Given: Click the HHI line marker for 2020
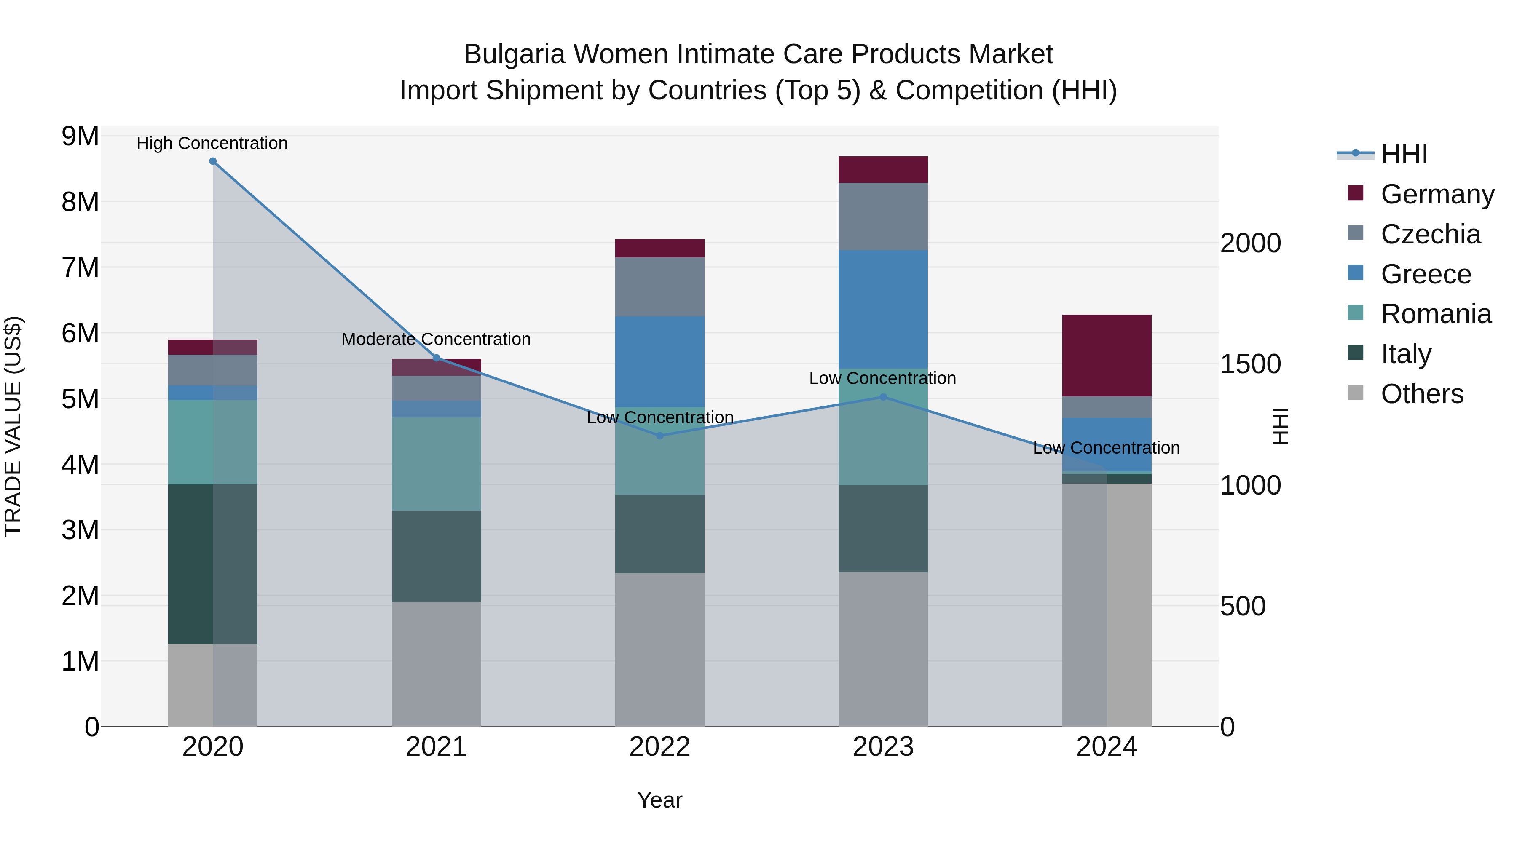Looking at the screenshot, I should (x=213, y=161).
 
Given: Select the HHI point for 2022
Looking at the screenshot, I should (x=659, y=436).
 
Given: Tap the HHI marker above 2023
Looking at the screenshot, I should (x=883, y=397).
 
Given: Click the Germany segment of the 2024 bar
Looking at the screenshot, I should (x=1107, y=356).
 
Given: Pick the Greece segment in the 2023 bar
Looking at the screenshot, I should (x=883, y=309).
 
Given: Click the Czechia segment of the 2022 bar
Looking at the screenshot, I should (x=659, y=287).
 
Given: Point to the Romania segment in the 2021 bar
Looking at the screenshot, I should (x=437, y=464).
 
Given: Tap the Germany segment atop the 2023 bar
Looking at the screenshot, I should (x=883, y=169).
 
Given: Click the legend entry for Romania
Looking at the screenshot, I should (x=1436, y=314).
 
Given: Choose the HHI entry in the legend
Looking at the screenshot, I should (x=1404, y=154).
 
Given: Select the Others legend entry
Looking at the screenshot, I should (x=1422, y=394).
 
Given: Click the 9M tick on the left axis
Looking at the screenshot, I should (x=80, y=136).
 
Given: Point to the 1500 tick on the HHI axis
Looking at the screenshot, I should (x=1250, y=364).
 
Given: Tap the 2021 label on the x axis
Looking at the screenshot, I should (x=437, y=747).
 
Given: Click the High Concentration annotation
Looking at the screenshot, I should (x=212, y=143).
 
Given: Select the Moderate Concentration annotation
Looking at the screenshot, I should (x=437, y=339).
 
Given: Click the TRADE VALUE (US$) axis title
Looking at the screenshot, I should (x=13, y=426).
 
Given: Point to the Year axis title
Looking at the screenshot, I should (x=659, y=800).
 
